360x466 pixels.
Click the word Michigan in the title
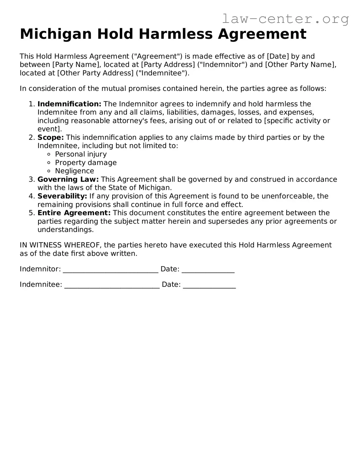(56, 34)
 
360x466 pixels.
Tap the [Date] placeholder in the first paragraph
(278, 56)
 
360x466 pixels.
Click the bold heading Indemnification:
(69, 104)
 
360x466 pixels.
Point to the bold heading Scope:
(51, 137)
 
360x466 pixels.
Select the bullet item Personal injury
(81, 154)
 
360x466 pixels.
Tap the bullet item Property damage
(86, 162)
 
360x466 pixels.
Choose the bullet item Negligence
(74, 171)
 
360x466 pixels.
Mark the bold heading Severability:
(62, 196)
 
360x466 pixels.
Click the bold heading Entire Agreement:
(74, 213)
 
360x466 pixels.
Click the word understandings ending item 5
(65, 230)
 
